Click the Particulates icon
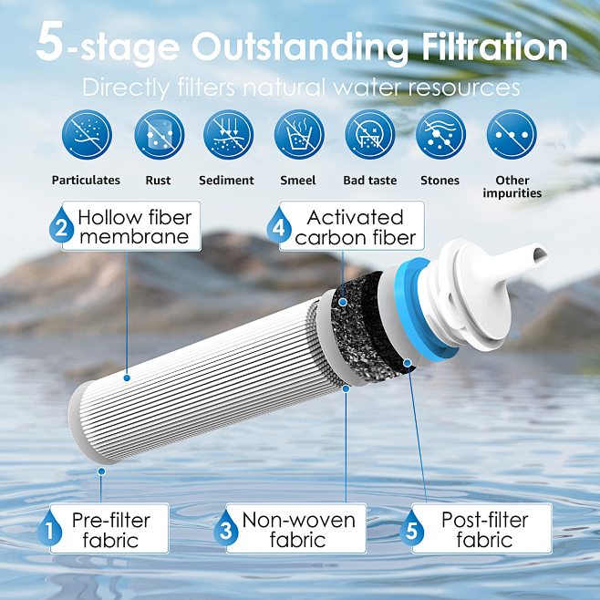[x=86, y=135]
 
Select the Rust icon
[x=159, y=135]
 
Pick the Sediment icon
[x=228, y=135]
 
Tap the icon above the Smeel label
[x=299, y=135]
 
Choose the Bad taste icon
[x=369, y=135]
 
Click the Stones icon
[x=440, y=135]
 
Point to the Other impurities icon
[x=512, y=135]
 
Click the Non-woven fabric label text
[x=298, y=530]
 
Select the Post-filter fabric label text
[x=486, y=530]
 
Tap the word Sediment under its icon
[x=228, y=181]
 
